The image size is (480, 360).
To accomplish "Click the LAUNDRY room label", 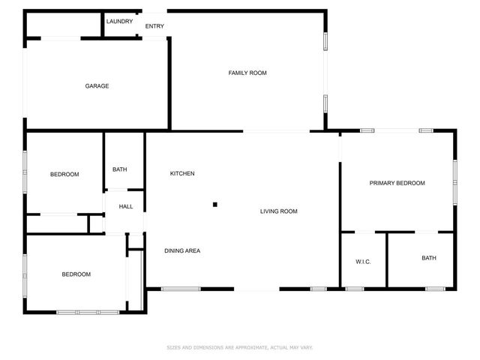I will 120,21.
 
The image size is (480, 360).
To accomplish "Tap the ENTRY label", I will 154,26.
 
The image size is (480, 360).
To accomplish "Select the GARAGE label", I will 97,86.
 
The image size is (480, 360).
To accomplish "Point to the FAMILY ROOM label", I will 247,73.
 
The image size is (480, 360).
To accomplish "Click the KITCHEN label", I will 182,174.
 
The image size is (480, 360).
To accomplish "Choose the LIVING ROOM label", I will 279,211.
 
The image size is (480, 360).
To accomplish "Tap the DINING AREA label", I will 182,250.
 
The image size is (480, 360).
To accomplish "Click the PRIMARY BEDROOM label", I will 397,183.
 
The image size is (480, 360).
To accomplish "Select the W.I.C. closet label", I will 363,261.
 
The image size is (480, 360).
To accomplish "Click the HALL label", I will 125,206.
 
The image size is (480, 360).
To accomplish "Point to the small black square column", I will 214,204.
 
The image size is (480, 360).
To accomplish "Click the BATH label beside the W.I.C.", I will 428,258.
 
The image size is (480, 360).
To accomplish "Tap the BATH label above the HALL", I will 120,169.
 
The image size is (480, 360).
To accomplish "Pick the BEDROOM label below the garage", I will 64,175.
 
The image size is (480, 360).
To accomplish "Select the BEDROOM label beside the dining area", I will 76,274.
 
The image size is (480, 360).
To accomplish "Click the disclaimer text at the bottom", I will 239,347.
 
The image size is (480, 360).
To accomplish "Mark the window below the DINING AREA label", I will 180,289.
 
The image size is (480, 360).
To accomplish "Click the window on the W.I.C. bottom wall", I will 355,289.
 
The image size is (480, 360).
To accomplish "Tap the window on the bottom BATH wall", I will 435,289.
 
